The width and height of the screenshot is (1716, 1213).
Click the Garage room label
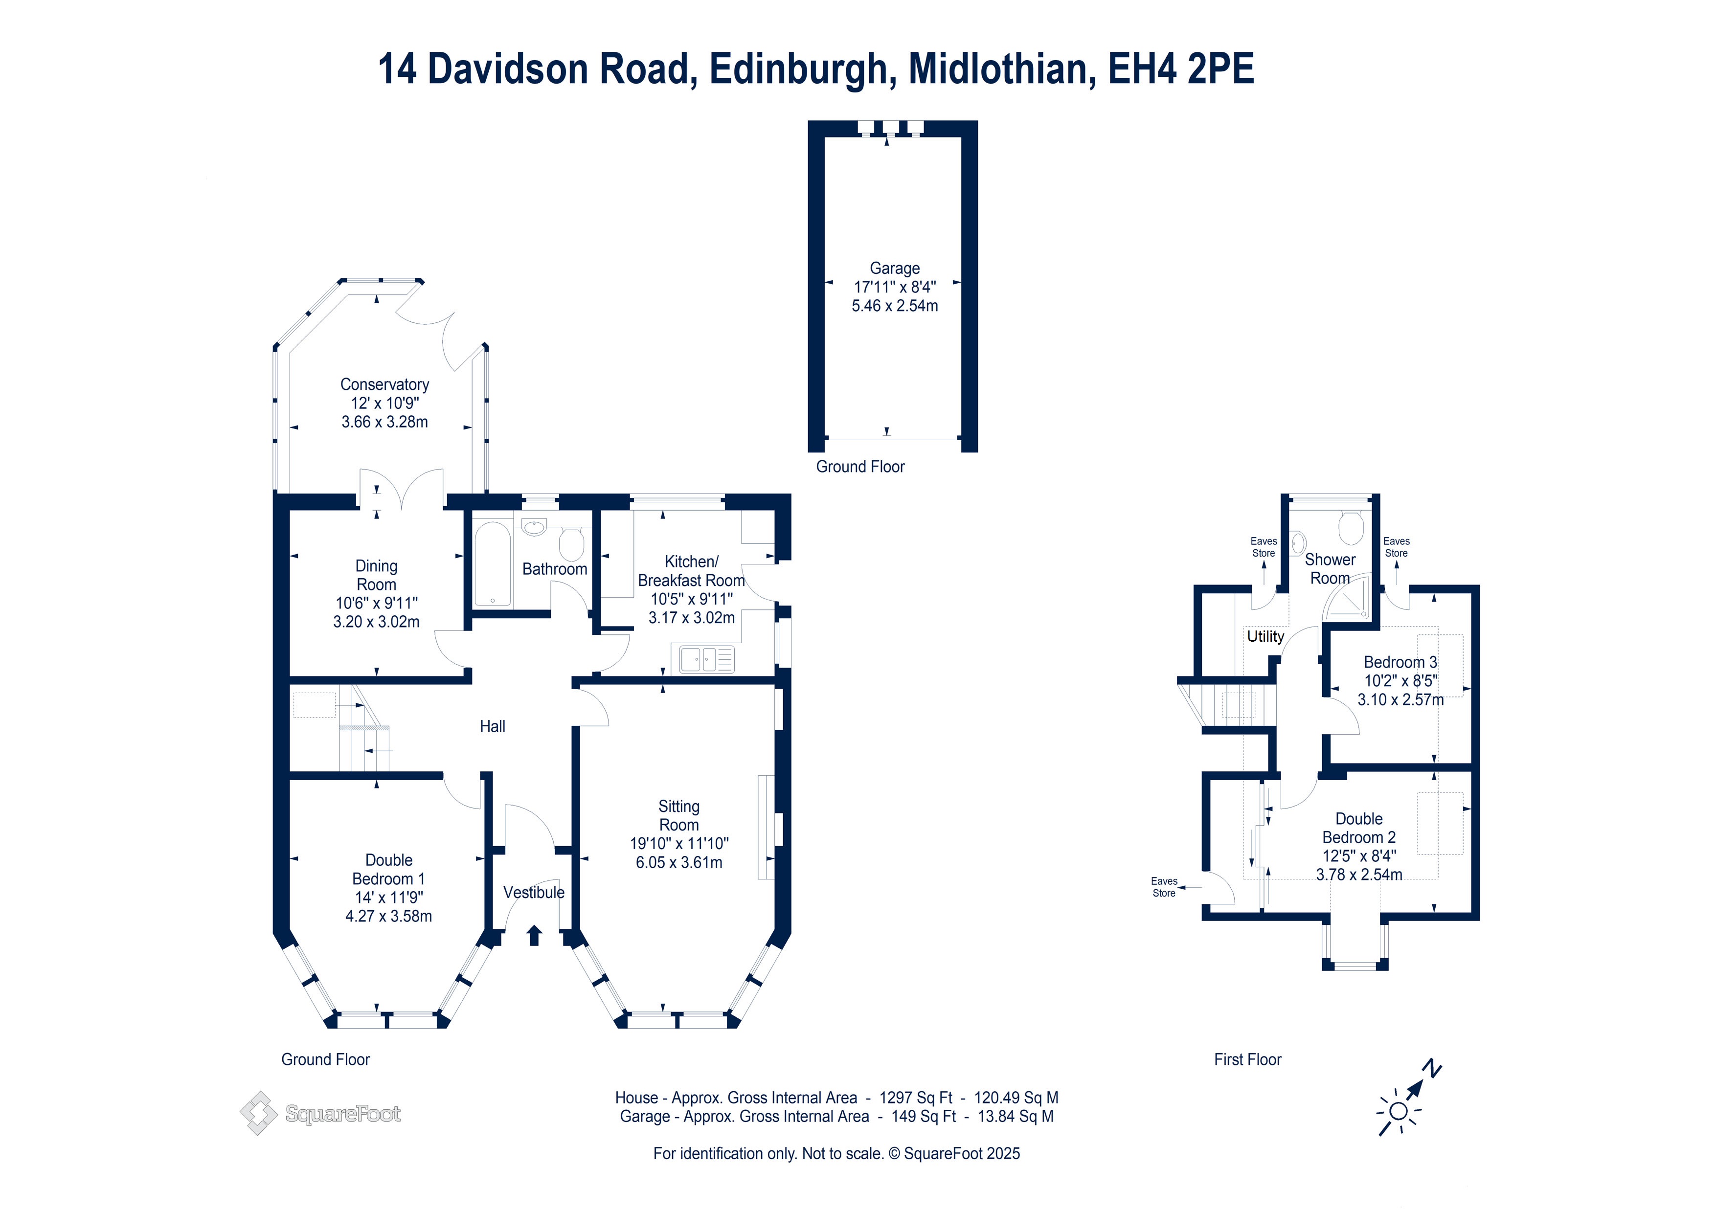(x=895, y=269)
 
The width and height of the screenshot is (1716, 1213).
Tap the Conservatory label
(x=385, y=384)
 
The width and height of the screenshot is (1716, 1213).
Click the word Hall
(x=493, y=726)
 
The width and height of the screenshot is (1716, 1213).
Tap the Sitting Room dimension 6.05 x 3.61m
(x=678, y=862)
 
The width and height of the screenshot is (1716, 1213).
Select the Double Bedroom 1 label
(x=388, y=869)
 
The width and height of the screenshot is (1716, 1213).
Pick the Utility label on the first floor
(x=1265, y=637)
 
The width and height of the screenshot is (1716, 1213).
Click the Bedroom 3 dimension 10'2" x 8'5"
(x=1400, y=681)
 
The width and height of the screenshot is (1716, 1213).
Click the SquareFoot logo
(x=320, y=1114)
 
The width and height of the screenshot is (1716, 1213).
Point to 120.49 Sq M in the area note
(x=1016, y=1098)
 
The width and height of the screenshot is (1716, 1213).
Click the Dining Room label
(x=376, y=576)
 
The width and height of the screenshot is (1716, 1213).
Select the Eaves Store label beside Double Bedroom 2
(x=1164, y=887)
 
